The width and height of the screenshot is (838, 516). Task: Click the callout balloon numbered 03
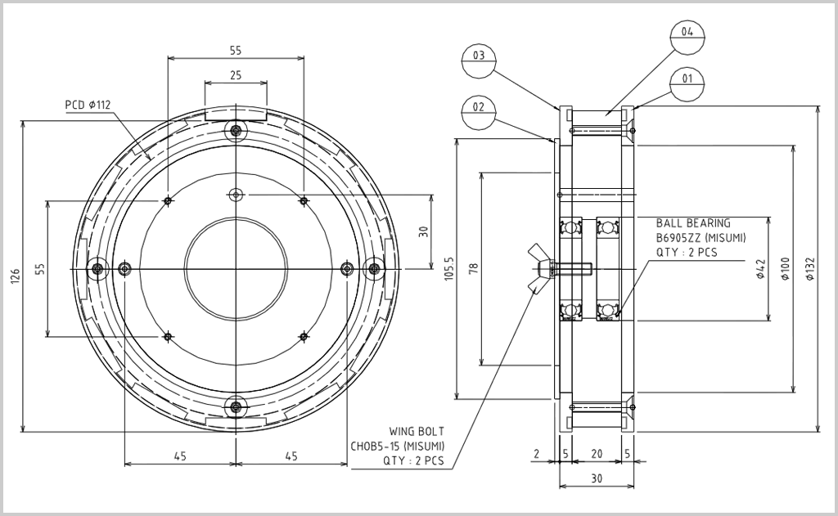480,63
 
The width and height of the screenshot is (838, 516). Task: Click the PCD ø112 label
88,105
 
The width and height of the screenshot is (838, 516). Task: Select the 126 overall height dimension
15,277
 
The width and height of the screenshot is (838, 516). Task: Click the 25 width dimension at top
236,75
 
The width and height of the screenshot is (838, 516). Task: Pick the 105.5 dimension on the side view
447,270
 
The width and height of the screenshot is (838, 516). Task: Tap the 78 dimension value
474,269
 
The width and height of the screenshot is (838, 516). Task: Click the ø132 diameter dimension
810,269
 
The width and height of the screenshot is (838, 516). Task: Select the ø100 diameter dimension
785,269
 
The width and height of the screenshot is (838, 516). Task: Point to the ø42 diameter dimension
760,269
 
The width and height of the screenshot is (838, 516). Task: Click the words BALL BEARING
693,222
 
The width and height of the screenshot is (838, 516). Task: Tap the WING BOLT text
417,431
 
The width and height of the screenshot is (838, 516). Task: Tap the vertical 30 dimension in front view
423,231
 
